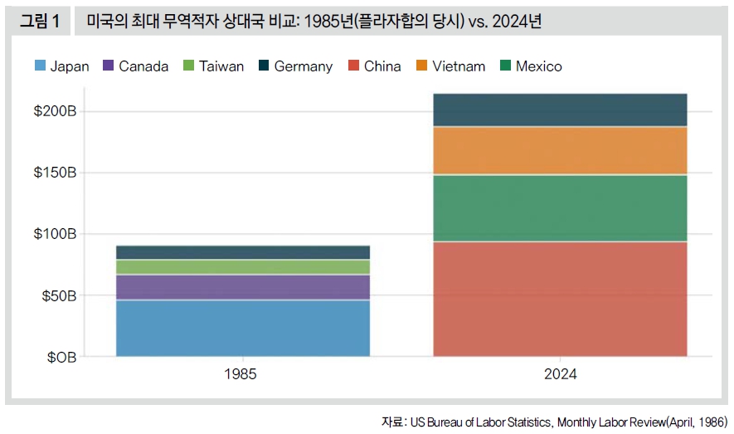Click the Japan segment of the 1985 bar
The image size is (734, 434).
coord(242,328)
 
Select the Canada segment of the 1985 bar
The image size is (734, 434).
coord(242,287)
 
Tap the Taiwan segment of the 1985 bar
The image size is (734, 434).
coord(242,266)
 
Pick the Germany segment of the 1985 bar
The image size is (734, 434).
coord(242,252)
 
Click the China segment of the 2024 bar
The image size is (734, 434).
coord(560,299)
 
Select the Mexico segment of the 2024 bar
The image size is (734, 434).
coord(560,208)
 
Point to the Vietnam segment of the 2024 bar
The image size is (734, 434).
coord(560,150)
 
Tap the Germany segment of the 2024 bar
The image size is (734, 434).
coord(560,110)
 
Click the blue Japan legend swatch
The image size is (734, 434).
coord(39,66)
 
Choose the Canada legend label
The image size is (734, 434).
coord(143,66)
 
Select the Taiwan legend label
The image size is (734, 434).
coord(221,66)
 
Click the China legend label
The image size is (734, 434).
coord(382,66)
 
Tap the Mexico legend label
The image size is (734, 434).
coord(538,66)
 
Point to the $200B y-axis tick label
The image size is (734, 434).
coord(55,111)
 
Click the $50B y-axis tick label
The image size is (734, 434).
coord(58,295)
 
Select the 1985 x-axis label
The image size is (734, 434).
coord(241,374)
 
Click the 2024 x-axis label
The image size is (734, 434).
coord(560,374)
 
